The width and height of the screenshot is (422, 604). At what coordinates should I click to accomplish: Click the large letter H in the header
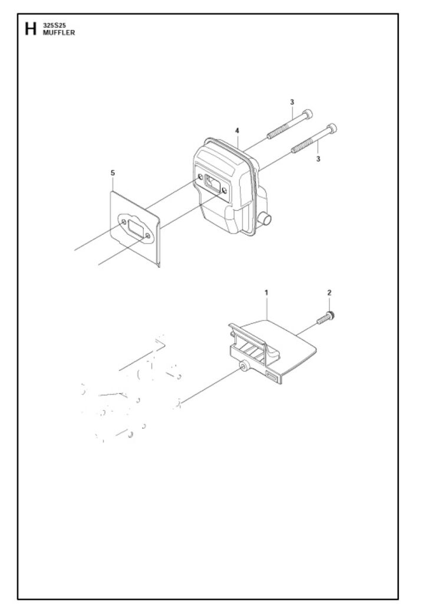point(31,29)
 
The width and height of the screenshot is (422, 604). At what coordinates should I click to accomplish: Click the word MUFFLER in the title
point(59,33)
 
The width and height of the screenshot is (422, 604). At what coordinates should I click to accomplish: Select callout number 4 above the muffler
point(237,131)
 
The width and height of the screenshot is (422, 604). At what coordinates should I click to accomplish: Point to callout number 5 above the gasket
point(113,173)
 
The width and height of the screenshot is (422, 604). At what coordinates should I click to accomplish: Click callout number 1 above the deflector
point(266,293)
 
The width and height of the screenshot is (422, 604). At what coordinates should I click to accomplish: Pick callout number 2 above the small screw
point(329,293)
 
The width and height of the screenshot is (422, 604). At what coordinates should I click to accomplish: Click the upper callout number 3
point(292,102)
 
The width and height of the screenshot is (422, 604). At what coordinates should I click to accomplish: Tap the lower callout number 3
point(318,159)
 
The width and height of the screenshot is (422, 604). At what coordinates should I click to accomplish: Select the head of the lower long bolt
point(331,127)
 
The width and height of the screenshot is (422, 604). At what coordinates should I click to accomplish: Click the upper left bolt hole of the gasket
point(123,222)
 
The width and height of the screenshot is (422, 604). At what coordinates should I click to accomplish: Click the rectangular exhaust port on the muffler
point(211,182)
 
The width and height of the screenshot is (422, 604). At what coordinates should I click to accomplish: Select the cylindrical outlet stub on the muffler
point(266,219)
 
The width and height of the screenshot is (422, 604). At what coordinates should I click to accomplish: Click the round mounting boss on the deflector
point(243,366)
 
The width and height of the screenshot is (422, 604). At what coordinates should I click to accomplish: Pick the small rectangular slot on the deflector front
point(272,377)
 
